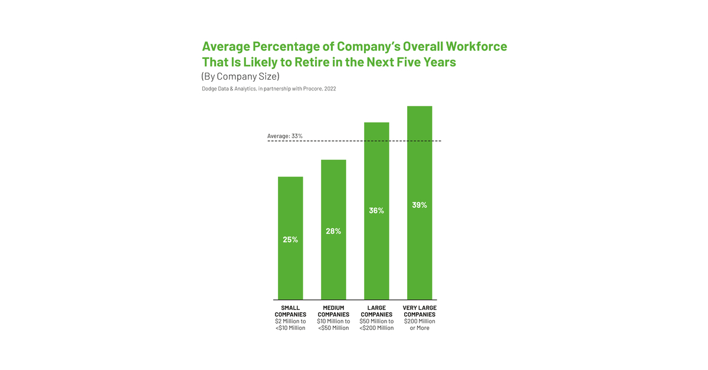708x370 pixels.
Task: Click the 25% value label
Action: (290, 240)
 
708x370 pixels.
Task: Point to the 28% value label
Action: (333, 231)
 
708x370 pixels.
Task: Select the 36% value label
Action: (376, 210)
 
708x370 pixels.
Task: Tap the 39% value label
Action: (419, 205)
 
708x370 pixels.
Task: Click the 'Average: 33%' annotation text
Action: (285, 136)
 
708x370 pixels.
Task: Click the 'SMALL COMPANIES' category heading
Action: (290, 311)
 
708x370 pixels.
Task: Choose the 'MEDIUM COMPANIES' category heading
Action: (333, 311)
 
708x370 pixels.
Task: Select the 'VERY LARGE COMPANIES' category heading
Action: (419, 311)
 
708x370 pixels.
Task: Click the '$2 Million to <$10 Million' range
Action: (290, 325)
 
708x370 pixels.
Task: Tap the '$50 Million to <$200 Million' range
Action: (376, 325)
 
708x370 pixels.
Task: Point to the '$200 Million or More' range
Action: (419, 325)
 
